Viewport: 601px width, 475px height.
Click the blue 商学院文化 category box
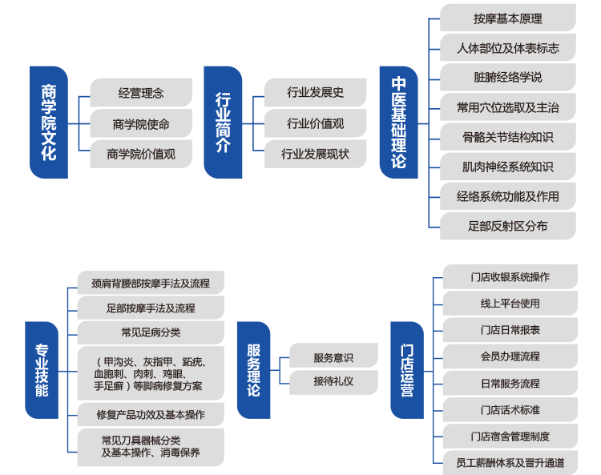click(48, 122)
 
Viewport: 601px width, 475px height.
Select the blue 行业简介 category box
click(223, 122)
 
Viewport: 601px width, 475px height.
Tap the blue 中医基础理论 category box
click(398, 122)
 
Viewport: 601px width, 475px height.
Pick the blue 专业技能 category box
click(42, 370)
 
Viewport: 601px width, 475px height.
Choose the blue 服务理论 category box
click(253, 370)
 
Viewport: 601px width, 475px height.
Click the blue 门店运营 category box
click(407, 370)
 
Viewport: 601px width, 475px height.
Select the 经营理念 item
click(141, 93)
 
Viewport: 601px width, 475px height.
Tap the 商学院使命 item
click(141, 123)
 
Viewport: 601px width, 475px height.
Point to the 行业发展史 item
click(315, 93)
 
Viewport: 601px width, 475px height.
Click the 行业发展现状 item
click(315, 153)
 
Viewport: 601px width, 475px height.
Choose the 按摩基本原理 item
click(508, 18)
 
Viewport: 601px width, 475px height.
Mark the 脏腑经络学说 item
click(508, 78)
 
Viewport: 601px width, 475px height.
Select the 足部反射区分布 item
click(508, 226)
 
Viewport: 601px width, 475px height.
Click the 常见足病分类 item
click(151, 332)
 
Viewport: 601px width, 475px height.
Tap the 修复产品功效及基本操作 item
click(151, 414)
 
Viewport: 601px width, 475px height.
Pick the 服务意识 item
click(333, 357)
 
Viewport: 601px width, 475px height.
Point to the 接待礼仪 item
click(333, 382)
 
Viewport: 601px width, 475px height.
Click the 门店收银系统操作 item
click(510, 277)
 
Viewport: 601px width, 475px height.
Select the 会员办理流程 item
click(510, 356)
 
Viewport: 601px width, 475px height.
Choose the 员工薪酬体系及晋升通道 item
click(510, 462)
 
